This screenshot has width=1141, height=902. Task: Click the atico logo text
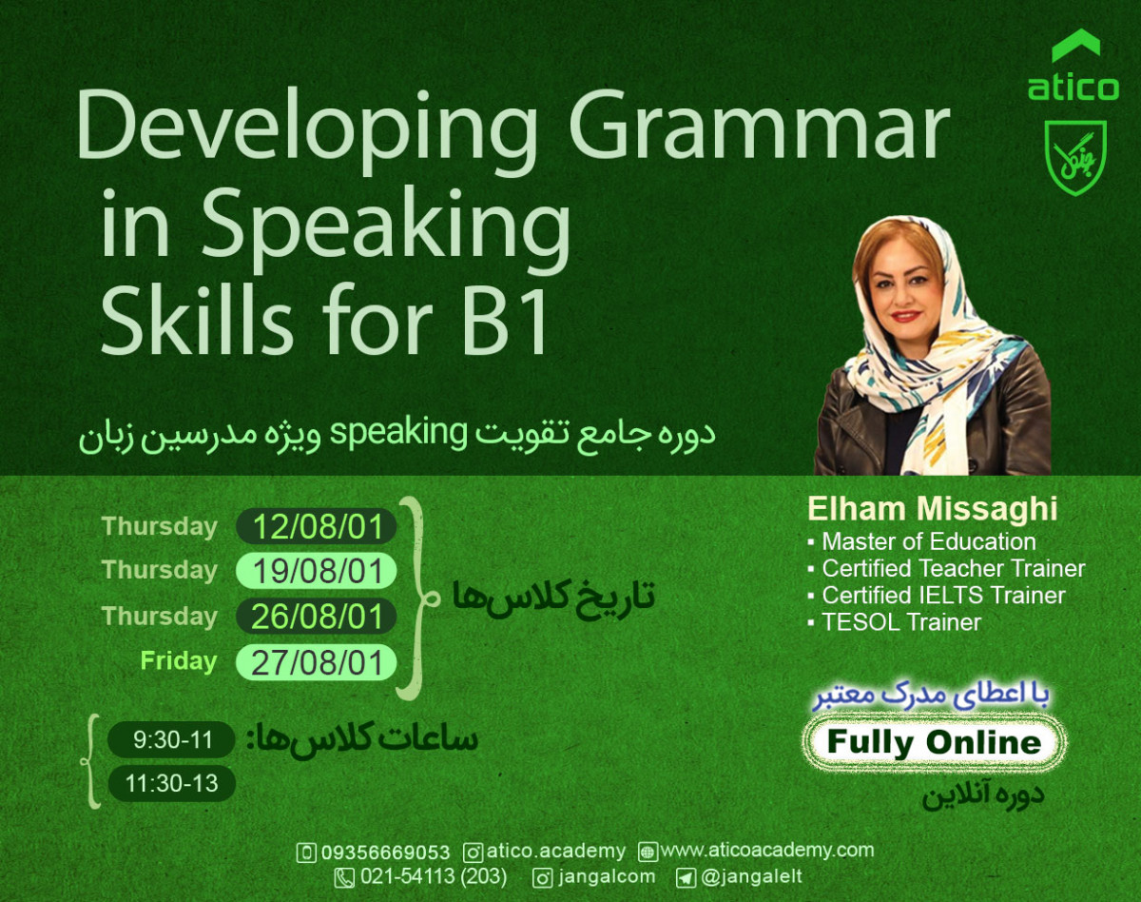1073,88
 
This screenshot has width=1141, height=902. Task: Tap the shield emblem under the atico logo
1075,158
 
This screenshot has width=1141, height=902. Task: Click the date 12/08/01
317,527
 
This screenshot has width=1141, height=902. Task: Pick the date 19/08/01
317,572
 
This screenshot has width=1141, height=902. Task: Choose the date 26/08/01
317,617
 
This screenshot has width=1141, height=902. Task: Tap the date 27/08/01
317,662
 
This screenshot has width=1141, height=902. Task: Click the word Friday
178,660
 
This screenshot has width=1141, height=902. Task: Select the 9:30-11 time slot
171,739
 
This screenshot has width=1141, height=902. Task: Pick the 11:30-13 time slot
171,783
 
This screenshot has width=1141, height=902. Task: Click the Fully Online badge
934,743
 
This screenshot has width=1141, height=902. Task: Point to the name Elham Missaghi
932,509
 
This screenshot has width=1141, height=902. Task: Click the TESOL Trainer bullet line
900,623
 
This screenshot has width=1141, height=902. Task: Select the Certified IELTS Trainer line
942,596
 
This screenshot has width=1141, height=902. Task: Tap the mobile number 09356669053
385,852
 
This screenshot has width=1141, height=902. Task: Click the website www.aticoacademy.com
765,850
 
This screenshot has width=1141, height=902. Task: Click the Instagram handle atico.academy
556,852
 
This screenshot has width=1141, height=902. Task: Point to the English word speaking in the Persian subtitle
401,433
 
